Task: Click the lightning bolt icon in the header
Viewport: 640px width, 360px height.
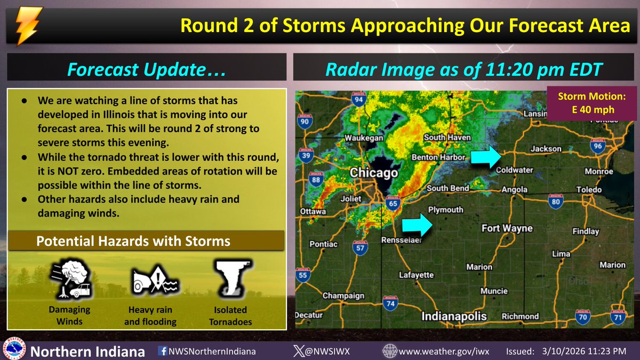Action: (x=25, y=25)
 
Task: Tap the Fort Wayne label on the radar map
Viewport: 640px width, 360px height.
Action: (x=507, y=228)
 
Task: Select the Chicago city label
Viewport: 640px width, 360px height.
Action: (x=374, y=173)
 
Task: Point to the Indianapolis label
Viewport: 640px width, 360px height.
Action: (x=454, y=316)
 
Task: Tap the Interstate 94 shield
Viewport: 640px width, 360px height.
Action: (x=359, y=99)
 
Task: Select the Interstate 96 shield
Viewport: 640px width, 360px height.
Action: (x=598, y=146)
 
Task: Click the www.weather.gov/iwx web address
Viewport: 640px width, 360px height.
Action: (x=444, y=351)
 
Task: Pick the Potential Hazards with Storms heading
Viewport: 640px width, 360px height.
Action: (x=133, y=241)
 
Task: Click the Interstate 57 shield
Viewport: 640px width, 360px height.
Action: (x=361, y=247)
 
